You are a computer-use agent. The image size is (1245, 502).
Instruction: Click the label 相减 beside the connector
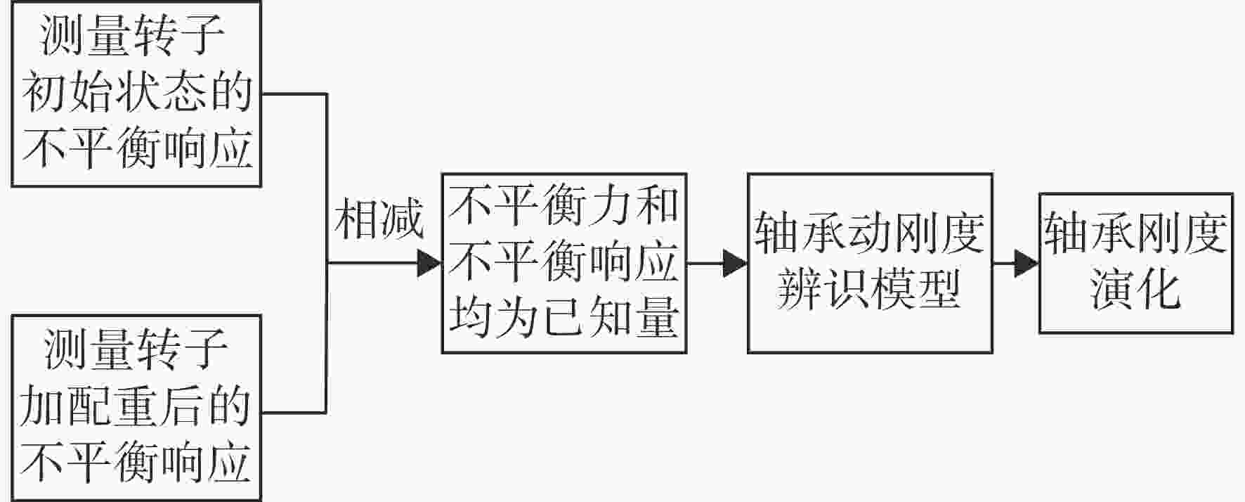pos(379,219)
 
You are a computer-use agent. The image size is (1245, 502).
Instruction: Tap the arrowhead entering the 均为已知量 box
pos(429,264)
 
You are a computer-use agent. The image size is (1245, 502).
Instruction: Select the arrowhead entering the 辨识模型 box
pos(736,264)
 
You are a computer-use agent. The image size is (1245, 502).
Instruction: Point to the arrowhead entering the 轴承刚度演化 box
pos(1027,264)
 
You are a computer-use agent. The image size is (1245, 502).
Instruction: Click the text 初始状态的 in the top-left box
pos(137,93)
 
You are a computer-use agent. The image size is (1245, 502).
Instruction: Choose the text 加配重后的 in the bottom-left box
pos(136,406)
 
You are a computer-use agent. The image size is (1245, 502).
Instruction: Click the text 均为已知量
pos(563,317)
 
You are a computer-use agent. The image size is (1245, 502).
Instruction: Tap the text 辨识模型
pos(869,289)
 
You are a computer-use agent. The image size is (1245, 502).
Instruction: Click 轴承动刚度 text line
pos(869,233)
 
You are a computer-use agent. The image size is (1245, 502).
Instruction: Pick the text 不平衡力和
pos(563,206)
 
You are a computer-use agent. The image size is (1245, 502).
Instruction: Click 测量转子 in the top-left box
pos(133,36)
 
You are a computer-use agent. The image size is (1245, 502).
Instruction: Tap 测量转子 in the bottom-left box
pos(136,349)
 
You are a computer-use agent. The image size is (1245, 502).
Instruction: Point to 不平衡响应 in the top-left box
pos(137,149)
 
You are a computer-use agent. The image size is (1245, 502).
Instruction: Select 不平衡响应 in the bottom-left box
pos(136,463)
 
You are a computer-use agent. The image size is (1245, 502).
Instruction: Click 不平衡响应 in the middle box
pos(563,262)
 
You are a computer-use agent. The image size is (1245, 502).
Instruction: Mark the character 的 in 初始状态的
pos(231,93)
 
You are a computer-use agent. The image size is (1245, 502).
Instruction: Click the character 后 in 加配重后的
pos(182,406)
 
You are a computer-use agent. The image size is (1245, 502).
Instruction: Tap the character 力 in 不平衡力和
pos(610,206)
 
